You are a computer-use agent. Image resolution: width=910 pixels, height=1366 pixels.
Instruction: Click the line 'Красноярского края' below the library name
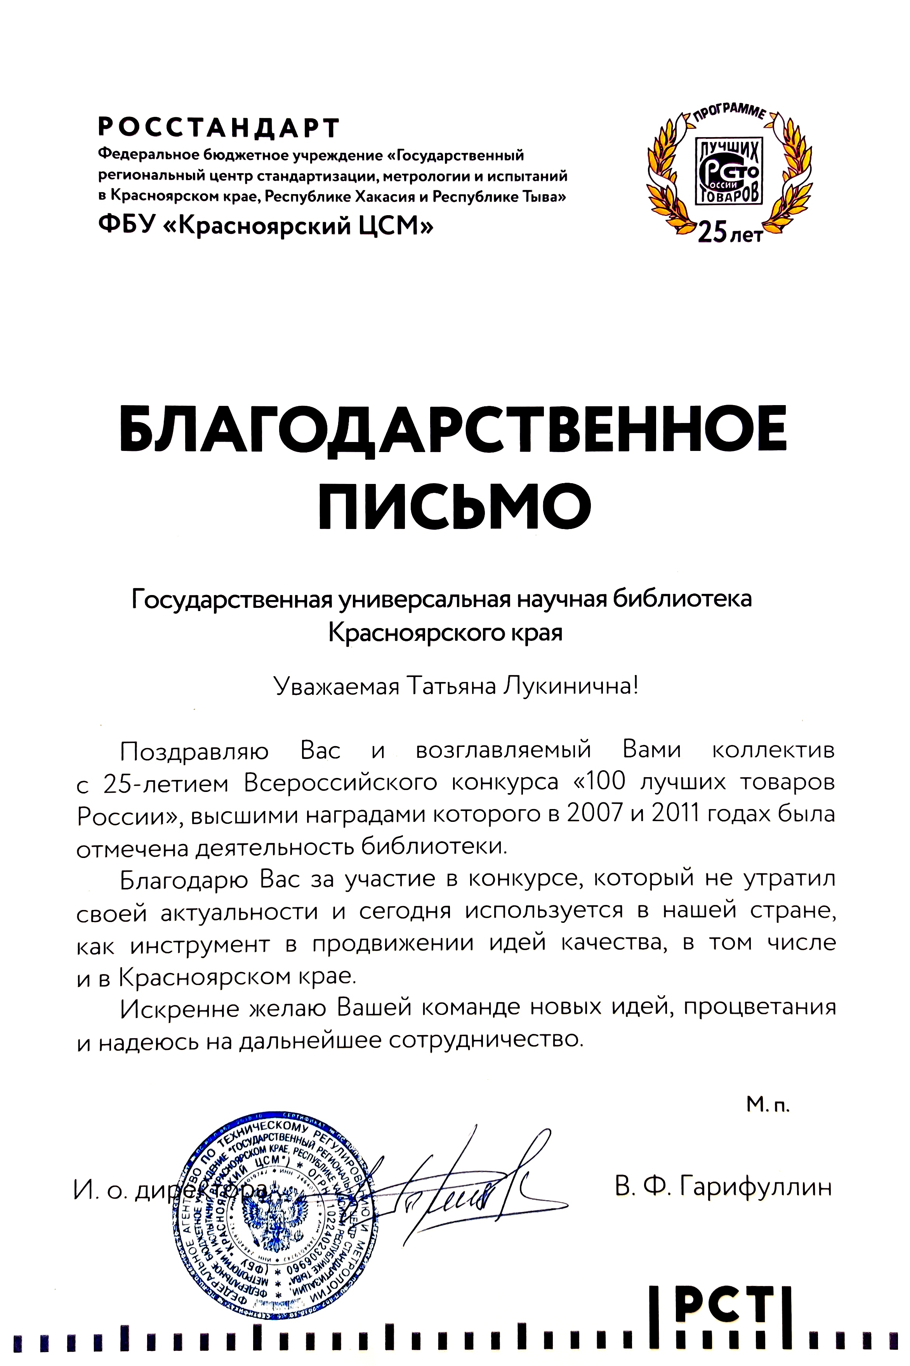(445, 632)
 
